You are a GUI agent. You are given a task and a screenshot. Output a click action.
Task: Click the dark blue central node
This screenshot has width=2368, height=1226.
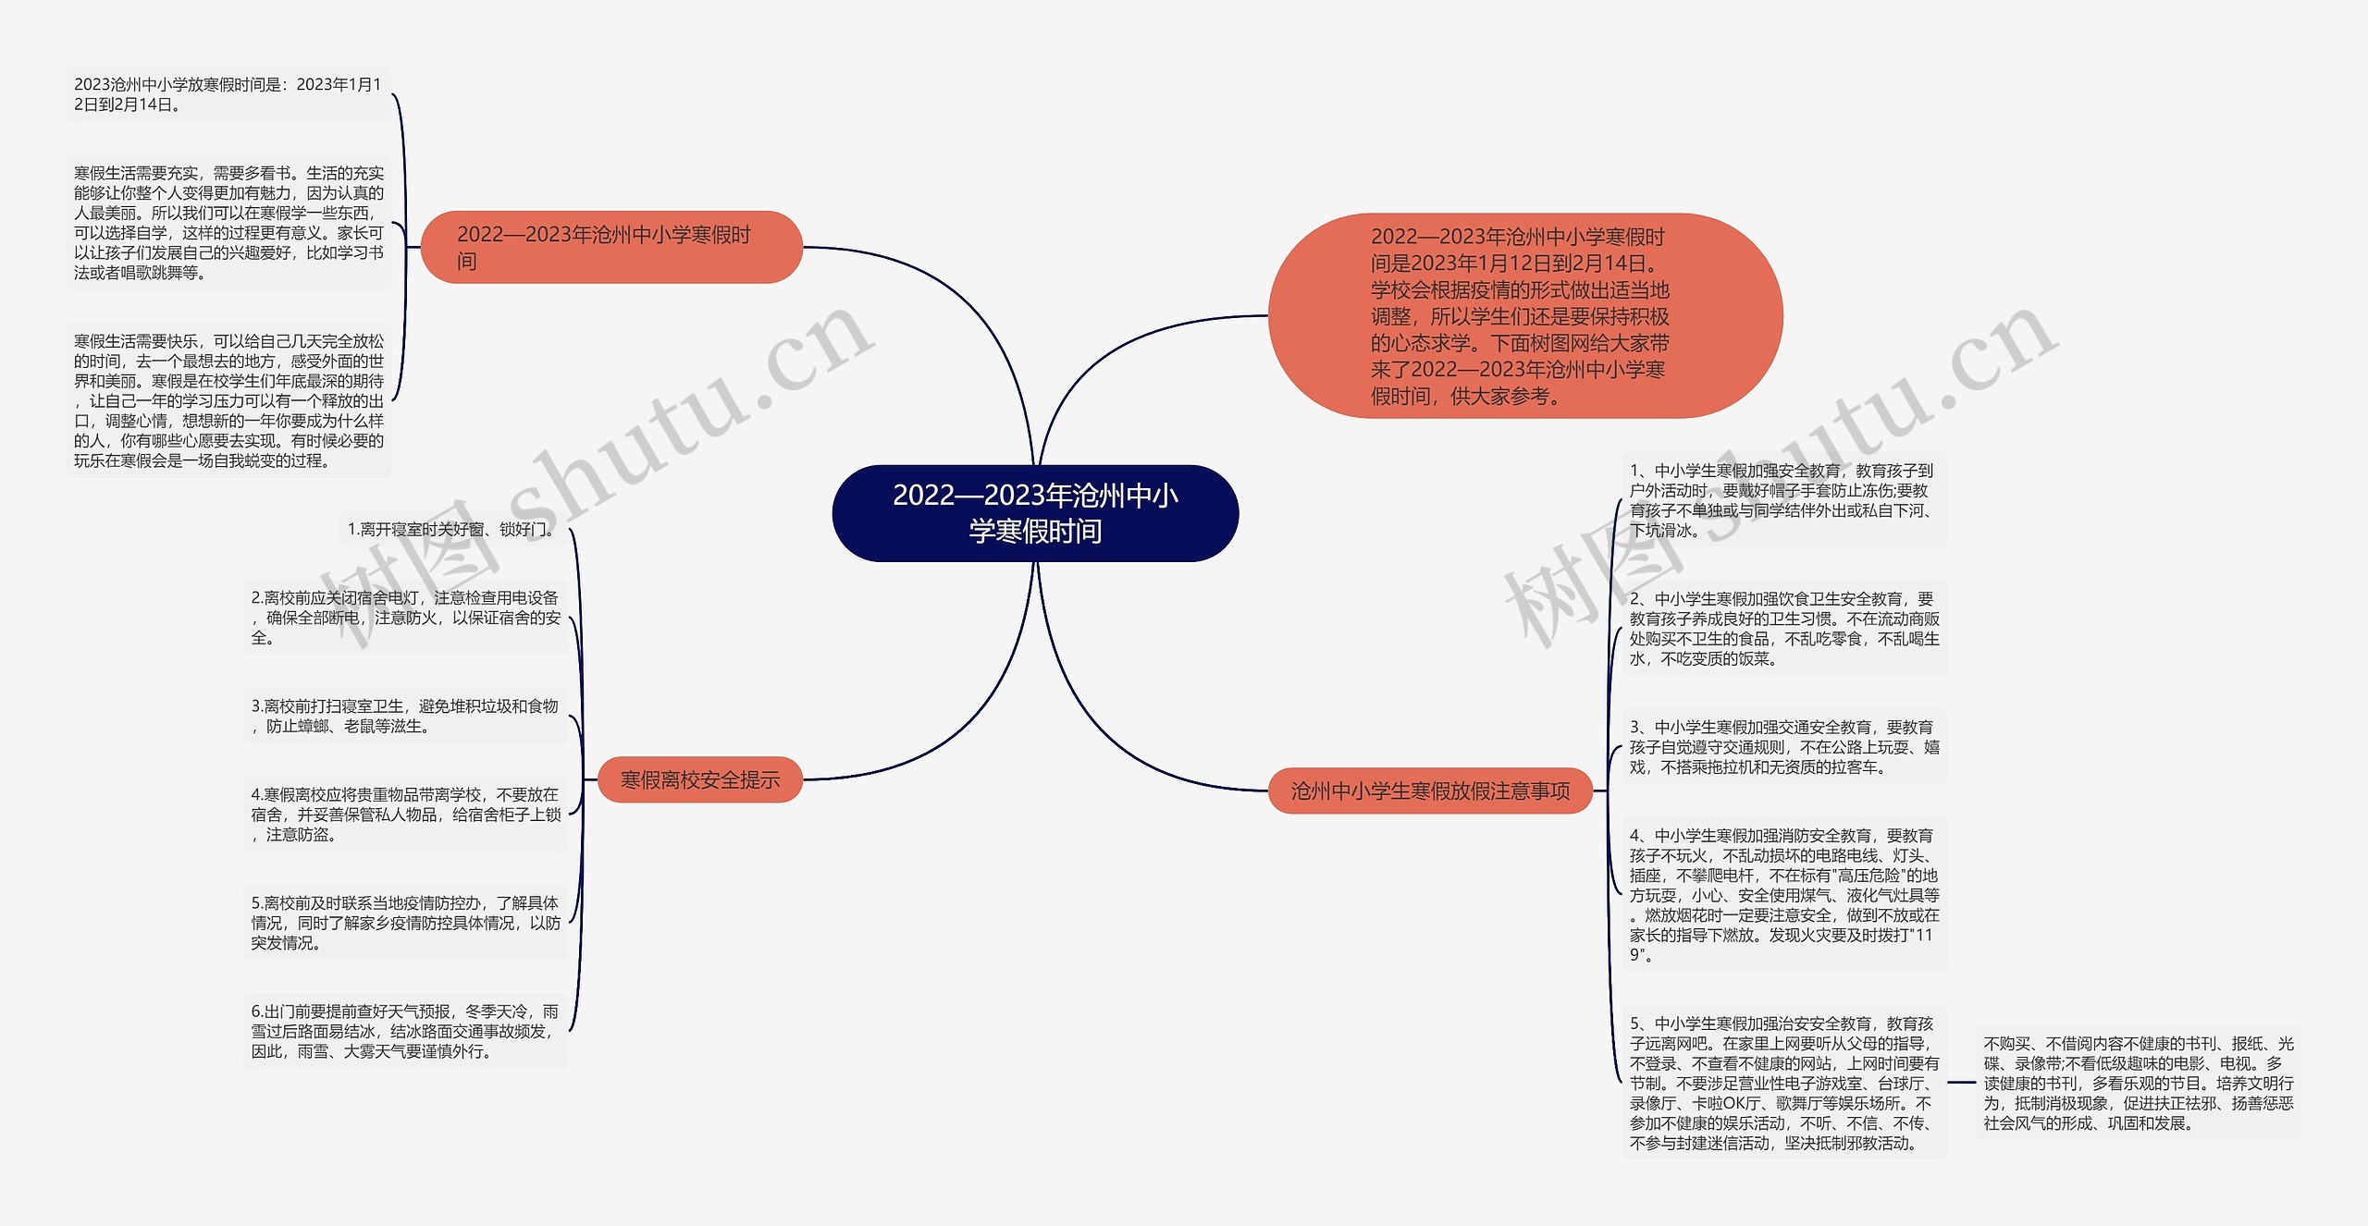click(x=1035, y=513)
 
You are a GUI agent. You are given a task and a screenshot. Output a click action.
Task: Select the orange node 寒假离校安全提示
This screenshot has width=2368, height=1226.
click(x=699, y=779)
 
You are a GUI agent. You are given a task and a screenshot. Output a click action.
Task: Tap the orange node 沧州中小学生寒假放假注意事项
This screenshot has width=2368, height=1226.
click(x=1430, y=791)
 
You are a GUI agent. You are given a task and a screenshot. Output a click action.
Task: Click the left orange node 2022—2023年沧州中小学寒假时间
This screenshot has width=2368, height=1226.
click(x=610, y=247)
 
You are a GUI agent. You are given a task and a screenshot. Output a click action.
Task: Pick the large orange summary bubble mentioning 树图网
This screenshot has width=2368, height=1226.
click(x=1524, y=316)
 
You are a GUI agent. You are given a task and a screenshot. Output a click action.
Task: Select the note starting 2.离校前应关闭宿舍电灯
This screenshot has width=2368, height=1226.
click(x=405, y=618)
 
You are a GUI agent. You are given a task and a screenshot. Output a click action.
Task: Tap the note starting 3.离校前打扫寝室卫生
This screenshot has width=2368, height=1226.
click(x=405, y=716)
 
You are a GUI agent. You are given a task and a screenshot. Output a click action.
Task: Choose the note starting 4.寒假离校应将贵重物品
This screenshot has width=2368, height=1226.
click(x=405, y=814)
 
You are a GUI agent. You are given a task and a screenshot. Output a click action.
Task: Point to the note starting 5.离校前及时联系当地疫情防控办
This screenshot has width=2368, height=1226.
click(x=405, y=922)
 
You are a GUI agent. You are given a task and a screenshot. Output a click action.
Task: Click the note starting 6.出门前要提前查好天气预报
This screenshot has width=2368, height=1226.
click(x=405, y=1031)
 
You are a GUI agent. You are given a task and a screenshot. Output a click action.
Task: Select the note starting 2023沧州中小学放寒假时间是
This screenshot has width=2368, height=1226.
click(x=228, y=94)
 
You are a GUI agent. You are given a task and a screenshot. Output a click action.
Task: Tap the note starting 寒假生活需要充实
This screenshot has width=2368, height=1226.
click(x=228, y=222)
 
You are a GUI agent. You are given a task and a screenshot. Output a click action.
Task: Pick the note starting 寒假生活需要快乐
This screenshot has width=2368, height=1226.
click(x=228, y=400)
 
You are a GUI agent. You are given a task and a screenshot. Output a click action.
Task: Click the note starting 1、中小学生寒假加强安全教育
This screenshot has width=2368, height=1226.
click(x=1782, y=500)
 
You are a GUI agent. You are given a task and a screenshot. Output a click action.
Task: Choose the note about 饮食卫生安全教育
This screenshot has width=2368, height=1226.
click(x=1782, y=629)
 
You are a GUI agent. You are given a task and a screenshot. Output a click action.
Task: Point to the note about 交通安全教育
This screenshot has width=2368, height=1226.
click(x=1782, y=747)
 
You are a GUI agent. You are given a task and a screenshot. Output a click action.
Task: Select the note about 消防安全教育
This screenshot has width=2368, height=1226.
click(x=1782, y=894)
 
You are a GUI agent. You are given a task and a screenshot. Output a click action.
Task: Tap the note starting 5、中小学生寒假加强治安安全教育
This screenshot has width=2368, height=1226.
click(x=1782, y=1083)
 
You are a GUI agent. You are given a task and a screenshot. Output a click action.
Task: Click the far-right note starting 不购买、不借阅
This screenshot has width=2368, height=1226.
click(x=2138, y=1083)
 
